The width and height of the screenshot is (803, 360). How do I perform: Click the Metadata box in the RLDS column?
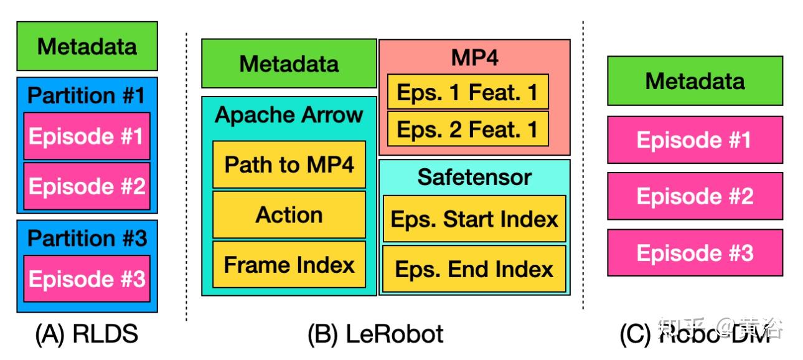click(87, 46)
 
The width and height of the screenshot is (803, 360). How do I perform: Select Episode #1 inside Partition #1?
click(87, 136)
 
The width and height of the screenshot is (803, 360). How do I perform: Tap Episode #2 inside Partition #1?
click(87, 186)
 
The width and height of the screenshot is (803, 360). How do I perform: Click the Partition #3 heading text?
click(87, 238)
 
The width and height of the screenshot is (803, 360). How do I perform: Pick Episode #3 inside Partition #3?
click(87, 278)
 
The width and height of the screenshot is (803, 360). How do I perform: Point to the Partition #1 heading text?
click(87, 95)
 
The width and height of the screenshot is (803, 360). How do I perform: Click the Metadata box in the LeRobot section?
click(289, 64)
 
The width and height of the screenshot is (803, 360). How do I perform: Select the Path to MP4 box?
click(289, 164)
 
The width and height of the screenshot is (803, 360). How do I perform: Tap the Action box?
click(289, 215)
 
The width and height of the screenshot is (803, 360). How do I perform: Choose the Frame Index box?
click(289, 265)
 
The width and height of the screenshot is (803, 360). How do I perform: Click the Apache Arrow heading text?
click(289, 115)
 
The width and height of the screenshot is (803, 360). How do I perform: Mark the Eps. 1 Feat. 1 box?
click(467, 92)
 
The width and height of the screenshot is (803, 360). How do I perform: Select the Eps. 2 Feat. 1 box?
click(467, 129)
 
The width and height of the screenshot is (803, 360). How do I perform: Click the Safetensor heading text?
click(474, 177)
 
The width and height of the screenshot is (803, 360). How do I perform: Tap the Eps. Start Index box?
click(474, 219)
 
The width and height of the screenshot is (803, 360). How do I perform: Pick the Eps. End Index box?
click(474, 269)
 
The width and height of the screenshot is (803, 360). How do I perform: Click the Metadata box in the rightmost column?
click(695, 81)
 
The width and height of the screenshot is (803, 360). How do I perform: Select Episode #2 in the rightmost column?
click(695, 196)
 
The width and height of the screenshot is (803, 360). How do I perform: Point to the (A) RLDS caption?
click(87, 334)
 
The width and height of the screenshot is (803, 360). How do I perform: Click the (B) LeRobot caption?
click(375, 334)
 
